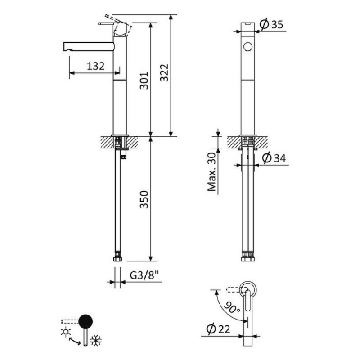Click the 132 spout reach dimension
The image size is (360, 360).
[x=95, y=66]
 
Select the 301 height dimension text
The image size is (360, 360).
[x=144, y=81]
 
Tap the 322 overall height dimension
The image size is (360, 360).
[x=164, y=72]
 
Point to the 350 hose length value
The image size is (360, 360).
[x=144, y=199]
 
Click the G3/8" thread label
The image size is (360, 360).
[x=144, y=275]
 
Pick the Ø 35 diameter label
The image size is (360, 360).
[x=272, y=24]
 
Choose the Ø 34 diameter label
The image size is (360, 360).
[x=274, y=158]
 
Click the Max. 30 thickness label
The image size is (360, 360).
[x=211, y=172]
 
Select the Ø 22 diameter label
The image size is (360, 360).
[x=218, y=329]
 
